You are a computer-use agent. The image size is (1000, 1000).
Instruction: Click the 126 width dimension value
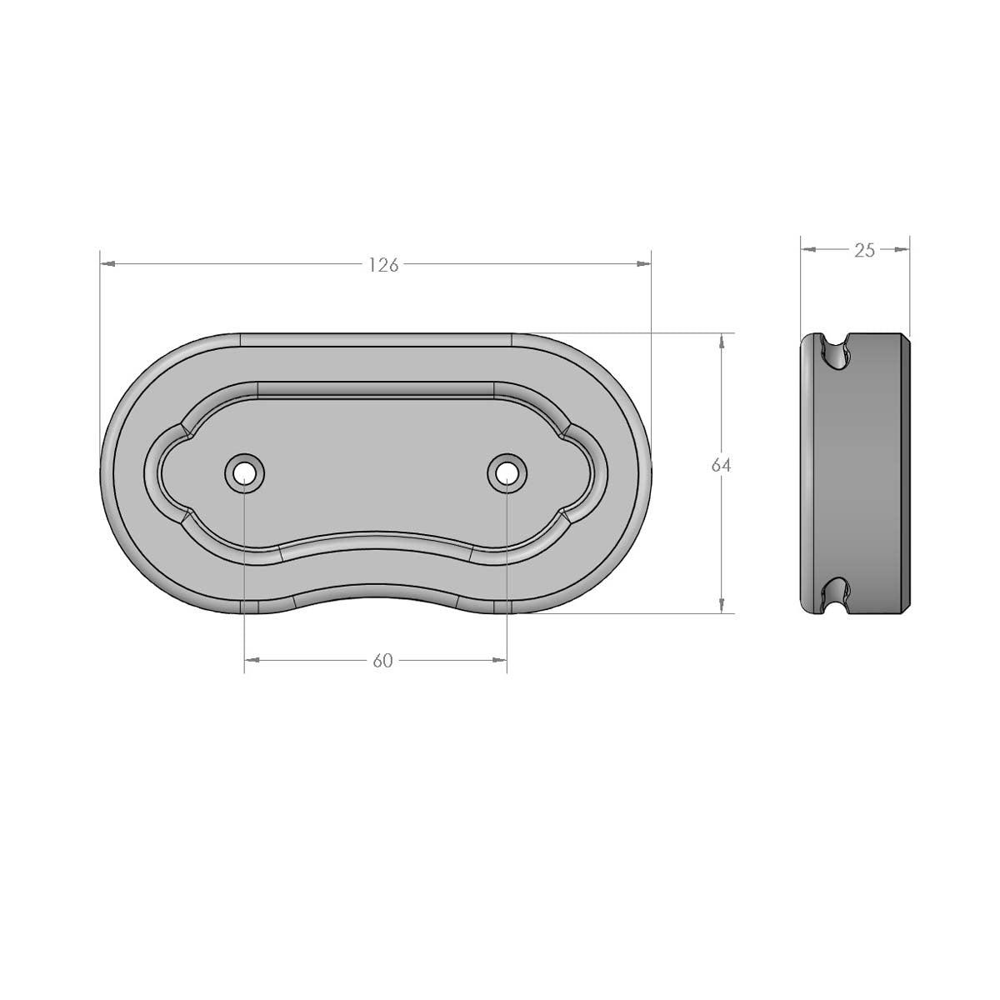383,265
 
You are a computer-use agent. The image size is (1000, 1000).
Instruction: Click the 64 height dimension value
721,466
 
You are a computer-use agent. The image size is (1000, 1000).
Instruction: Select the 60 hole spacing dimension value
382,661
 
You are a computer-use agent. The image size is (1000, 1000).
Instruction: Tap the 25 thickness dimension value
864,250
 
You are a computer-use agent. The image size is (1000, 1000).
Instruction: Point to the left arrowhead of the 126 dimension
107,264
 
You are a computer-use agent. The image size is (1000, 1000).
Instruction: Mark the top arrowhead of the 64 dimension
721,341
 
